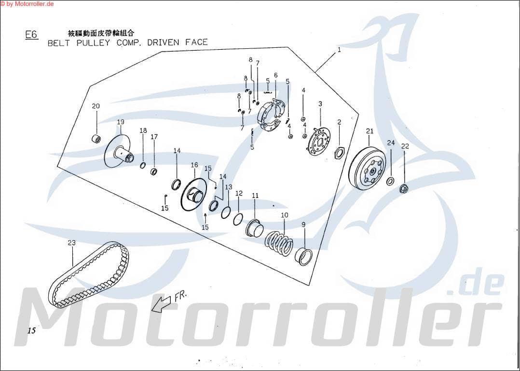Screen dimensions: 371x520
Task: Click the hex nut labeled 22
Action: pos(404,188)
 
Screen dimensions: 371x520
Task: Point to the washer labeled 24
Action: pos(390,182)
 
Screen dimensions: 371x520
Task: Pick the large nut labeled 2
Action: pos(339,153)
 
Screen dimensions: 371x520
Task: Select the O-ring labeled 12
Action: pos(238,219)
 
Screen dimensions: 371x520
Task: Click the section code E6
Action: pos(31,35)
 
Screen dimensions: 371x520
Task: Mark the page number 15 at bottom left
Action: pos(32,331)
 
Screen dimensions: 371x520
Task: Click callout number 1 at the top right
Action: pos(339,50)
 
